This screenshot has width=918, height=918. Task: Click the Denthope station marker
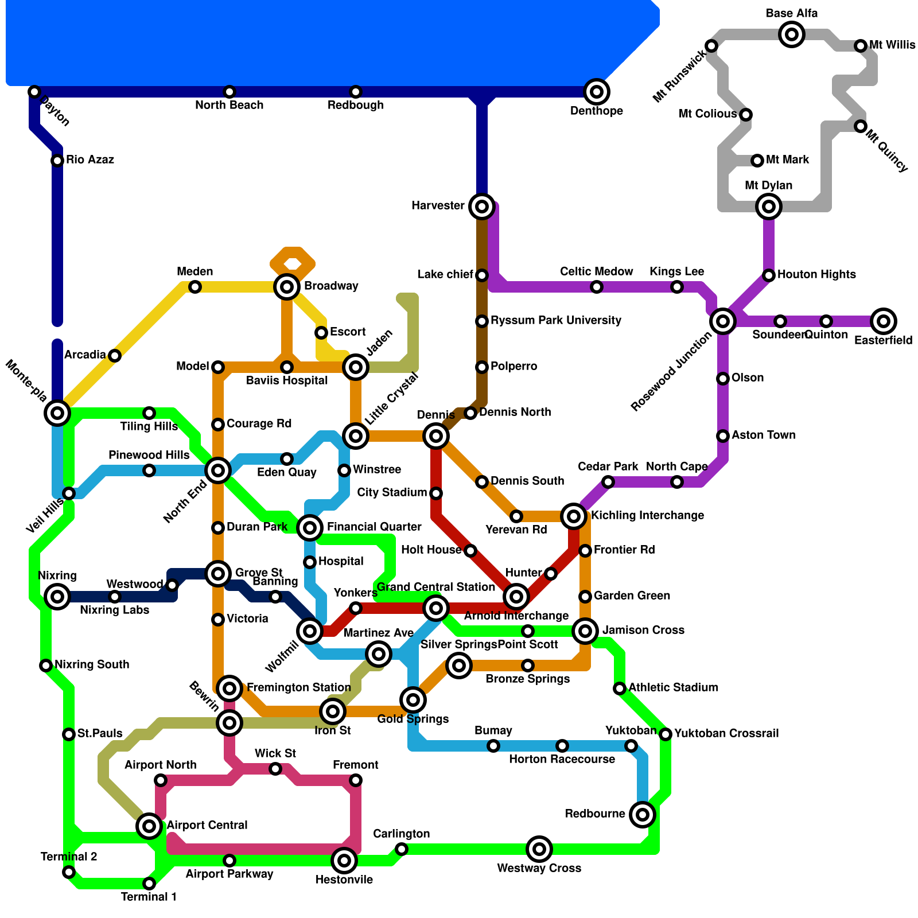pyautogui.click(x=597, y=92)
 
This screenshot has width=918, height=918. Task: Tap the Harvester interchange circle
pyautogui.click(x=482, y=207)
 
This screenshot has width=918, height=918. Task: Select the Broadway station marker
pyautogui.click(x=287, y=286)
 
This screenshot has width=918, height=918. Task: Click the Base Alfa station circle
pyautogui.click(x=792, y=34)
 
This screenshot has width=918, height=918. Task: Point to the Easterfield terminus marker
pyautogui.click(x=884, y=321)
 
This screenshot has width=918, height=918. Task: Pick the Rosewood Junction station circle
pyautogui.click(x=723, y=321)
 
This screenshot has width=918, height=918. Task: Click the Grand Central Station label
pyautogui.click(x=436, y=587)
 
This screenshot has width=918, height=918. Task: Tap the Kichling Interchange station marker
pyautogui.click(x=574, y=516)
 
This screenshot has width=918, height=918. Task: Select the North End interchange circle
pyautogui.click(x=218, y=471)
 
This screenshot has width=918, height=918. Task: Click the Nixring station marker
pyautogui.click(x=57, y=597)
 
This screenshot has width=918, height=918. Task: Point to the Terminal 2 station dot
pyautogui.click(x=69, y=873)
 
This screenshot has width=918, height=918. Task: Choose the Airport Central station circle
pyautogui.click(x=149, y=826)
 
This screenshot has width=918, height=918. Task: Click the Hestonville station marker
pyautogui.click(x=344, y=861)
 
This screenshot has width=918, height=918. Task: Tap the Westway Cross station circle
pyautogui.click(x=539, y=849)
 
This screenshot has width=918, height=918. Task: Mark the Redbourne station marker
pyautogui.click(x=643, y=815)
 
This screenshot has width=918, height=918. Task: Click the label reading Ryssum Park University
pyautogui.click(x=556, y=320)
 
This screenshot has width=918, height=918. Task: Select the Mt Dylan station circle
pyautogui.click(x=769, y=207)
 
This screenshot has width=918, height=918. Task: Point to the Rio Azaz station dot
pyautogui.click(x=57, y=161)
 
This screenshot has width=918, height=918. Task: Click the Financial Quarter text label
pyautogui.click(x=374, y=527)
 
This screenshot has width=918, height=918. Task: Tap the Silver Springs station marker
pyautogui.click(x=459, y=666)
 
